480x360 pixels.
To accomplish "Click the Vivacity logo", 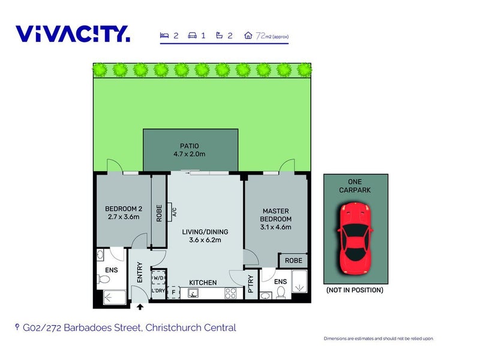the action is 73,34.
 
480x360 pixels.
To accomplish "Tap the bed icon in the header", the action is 164,35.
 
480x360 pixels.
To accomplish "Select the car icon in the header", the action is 192,35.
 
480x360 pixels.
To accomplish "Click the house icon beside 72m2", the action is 248,35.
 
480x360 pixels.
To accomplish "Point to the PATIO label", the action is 189,146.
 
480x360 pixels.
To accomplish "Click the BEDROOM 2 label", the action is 124,209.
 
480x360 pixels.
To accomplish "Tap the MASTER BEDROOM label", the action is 275,215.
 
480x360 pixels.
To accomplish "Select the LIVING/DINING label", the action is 205,232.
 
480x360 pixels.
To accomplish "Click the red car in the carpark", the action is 355,238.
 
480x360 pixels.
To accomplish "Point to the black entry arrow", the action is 140,307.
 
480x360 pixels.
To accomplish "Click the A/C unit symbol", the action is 170,212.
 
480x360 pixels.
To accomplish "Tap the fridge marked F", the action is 173,292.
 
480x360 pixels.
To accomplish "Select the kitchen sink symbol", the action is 193,293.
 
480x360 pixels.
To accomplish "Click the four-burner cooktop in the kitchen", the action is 230,293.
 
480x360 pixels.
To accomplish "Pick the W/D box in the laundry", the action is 159,278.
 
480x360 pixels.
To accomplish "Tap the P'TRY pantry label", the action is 251,284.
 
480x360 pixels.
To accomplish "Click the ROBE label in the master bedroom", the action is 293,260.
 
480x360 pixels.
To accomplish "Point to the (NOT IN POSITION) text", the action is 355,290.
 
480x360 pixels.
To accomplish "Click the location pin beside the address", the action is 17,327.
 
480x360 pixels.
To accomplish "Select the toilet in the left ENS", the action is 103,279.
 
